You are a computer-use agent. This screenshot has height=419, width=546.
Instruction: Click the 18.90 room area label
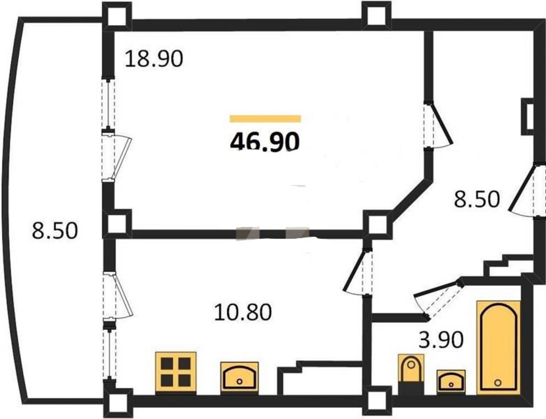click(154, 59)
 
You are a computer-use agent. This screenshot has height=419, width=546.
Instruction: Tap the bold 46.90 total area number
click(265, 142)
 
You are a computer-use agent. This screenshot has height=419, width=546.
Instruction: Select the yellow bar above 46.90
click(265, 119)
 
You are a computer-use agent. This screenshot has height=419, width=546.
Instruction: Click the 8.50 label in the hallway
click(476, 198)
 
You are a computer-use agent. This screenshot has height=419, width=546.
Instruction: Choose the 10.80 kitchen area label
click(243, 312)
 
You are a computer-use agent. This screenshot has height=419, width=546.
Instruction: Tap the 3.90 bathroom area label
click(441, 339)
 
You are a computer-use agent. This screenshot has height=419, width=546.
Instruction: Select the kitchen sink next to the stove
click(239, 376)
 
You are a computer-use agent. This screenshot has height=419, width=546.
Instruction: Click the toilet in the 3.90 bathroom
click(411, 375)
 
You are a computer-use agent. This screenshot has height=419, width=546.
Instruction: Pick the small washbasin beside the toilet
click(451, 381)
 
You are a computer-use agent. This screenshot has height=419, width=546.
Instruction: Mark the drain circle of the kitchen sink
click(239, 381)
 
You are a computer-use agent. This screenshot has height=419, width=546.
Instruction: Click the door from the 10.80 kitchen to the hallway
click(357, 271)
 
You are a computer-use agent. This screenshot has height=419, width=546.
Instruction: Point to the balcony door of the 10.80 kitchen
click(117, 296)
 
